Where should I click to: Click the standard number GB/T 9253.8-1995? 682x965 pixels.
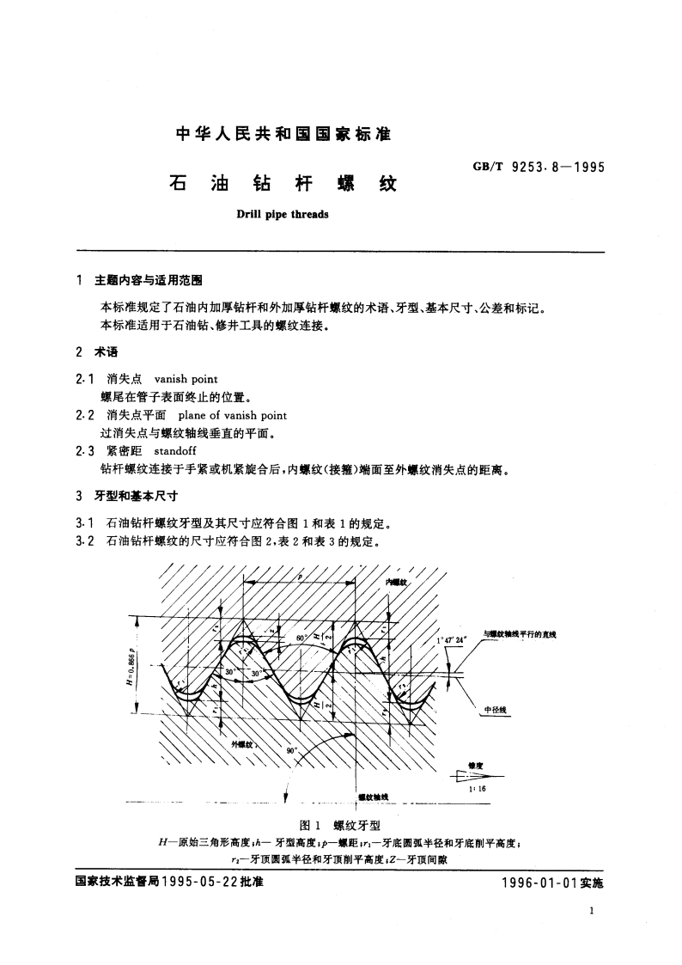pyautogui.click(x=539, y=168)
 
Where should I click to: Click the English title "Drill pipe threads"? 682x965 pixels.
pyautogui.click(x=283, y=214)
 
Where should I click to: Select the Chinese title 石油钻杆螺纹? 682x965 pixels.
pyautogui.click(x=283, y=184)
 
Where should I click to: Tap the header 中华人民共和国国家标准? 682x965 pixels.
pyautogui.click(x=283, y=134)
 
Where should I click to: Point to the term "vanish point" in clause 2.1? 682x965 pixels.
pyautogui.click(x=186, y=378)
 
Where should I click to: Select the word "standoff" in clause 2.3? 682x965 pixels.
pyautogui.click(x=175, y=451)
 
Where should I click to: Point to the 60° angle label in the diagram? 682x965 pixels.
pyautogui.click(x=300, y=639)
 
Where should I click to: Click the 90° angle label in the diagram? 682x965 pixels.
pyautogui.click(x=291, y=750)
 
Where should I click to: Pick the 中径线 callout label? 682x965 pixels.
pyautogui.click(x=496, y=710)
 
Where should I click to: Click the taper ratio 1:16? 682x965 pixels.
pyautogui.click(x=478, y=789)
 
